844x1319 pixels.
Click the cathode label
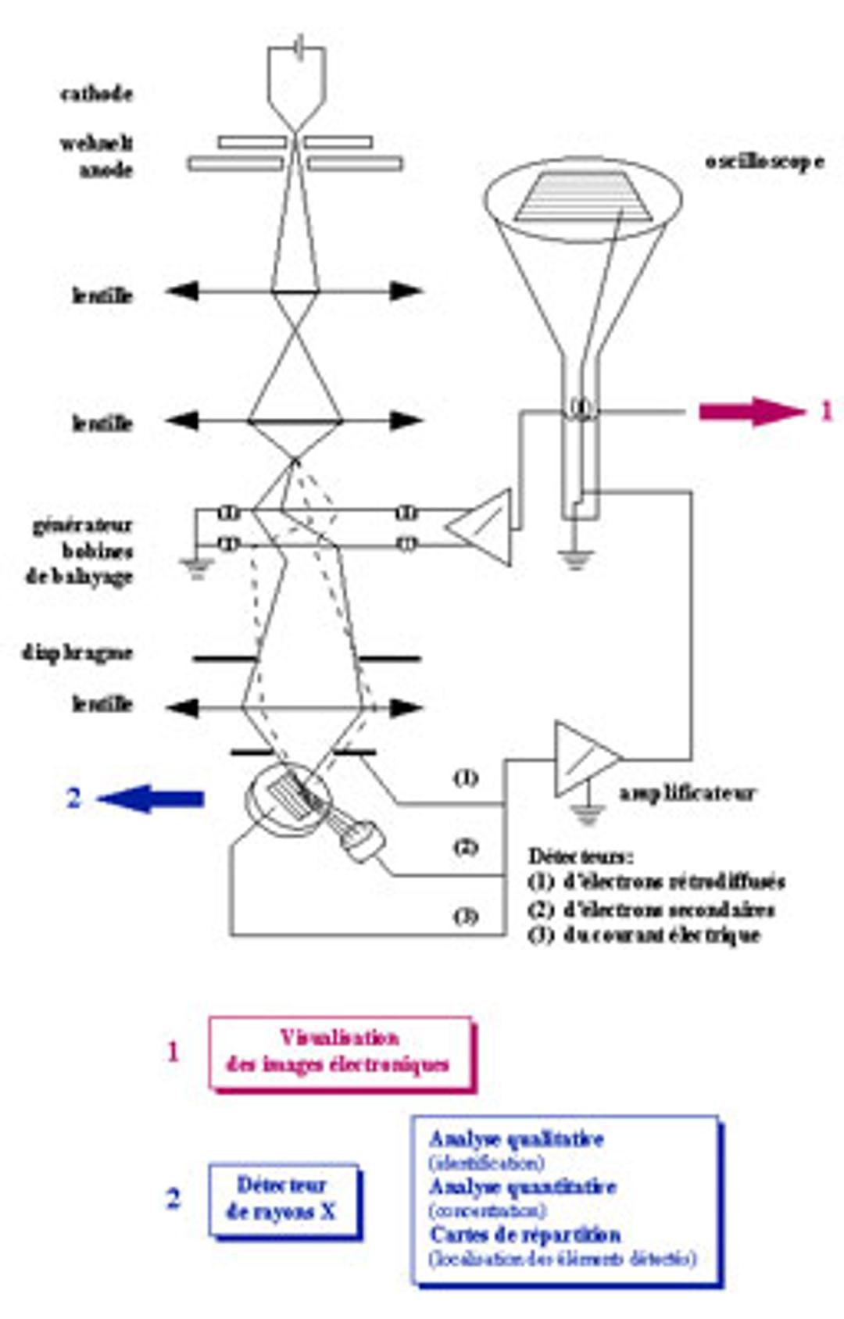pyautogui.click(x=96, y=94)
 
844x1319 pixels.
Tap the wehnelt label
pyautogui.click(x=96, y=143)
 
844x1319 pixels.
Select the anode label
pyautogui.click(x=105, y=170)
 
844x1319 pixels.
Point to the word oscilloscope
pyautogui.click(x=764, y=162)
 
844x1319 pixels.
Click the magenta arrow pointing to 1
pyautogui.click(x=750, y=411)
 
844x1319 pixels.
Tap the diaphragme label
pyautogui.click(x=77, y=652)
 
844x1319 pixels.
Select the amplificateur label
pyautogui.click(x=688, y=793)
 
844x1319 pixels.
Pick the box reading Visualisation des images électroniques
pyautogui.click(x=341, y=1052)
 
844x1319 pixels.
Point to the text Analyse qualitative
pyautogui.click(x=517, y=1139)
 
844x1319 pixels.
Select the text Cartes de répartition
pyautogui.click(x=525, y=1235)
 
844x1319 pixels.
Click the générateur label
pyautogui.click(x=82, y=525)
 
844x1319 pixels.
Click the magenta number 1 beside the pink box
pyautogui.click(x=173, y=1052)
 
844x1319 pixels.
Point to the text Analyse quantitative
pyautogui.click(x=523, y=1187)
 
